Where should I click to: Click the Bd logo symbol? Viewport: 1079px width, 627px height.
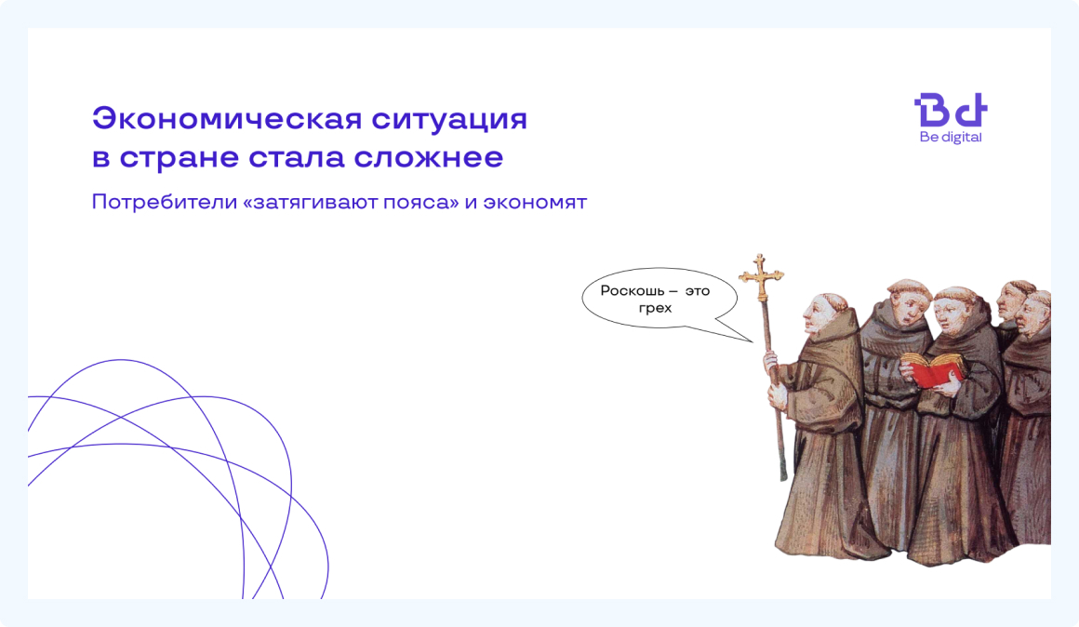click(950, 111)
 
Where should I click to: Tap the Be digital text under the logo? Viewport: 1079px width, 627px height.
click(950, 138)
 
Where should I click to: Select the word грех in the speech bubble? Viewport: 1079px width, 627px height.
click(655, 308)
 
